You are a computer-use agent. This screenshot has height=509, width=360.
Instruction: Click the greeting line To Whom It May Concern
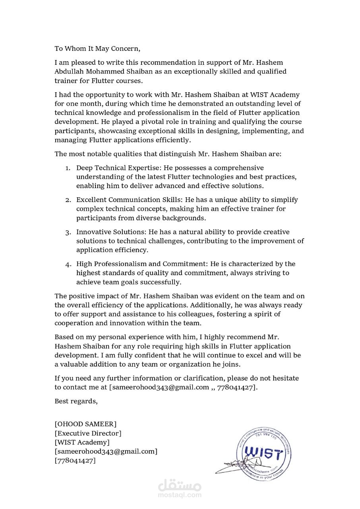coord(97,49)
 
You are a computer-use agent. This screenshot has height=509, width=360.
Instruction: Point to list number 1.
coord(68,168)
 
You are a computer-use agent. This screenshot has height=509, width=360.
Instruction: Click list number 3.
coord(68,232)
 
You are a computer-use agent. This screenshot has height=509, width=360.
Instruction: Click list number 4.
coord(68,264)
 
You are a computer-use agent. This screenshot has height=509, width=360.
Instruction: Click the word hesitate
coord(284,378)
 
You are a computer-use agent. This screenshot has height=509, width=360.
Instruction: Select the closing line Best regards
coord(76,401)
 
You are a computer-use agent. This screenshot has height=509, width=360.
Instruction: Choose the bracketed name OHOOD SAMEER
coord(85,424)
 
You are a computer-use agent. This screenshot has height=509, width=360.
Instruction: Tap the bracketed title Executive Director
coord(88,433)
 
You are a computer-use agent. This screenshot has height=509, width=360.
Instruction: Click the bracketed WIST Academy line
coord(82,442)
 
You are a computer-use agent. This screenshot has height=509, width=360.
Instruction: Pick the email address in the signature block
coord(106,451)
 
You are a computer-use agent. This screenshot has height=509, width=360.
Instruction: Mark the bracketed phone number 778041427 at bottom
coord(75,460)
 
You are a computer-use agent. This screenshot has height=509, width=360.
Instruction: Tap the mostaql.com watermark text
coord(180,495)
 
